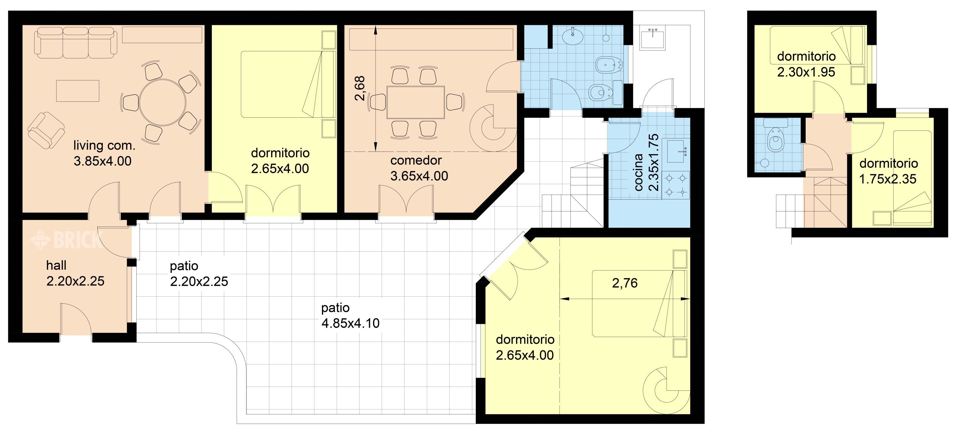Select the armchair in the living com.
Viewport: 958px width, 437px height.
pyautogui.click(x=46, y=130)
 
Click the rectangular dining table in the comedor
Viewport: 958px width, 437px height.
pyautogui.click(x=416, y=102)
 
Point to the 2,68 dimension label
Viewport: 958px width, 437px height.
pyautogui.click(x=360, y=88)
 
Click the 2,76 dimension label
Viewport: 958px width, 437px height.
pyautogui.click(x=625, y=283)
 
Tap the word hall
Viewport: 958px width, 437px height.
pyautogui.click(x=56, y=265)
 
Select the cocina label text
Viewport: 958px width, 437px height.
pyautogui.click(x=639, y=173)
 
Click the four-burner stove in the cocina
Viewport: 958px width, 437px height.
pyautogui.click(x=676, y=185)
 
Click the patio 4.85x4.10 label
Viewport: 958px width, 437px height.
pyautogui.click(x=350, y=315)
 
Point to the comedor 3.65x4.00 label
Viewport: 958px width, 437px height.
pyautogui.click(x=419, y=168)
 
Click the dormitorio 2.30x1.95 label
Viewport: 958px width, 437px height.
pyautogui.click(x=806, y=64)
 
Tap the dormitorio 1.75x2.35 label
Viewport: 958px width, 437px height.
pyautogui.click(x=888, y=171)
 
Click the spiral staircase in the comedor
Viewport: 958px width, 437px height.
pyautogui.click(x=493, y=128)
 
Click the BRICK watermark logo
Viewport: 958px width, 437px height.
pyautogui.click(x=66, y=240)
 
